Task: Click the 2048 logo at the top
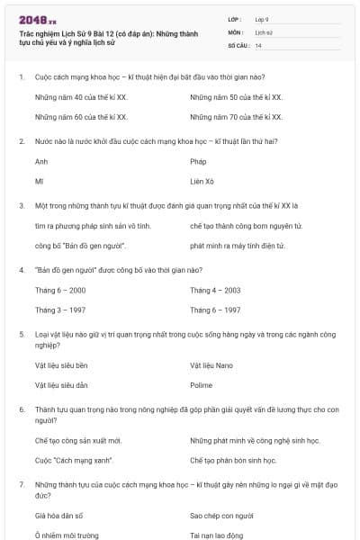tap(37, 18)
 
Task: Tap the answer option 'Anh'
tap(41, 162)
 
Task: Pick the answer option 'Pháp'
tap(199, 162)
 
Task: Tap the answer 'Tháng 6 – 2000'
tap(61, 290)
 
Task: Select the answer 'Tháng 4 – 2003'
tap(215, 290)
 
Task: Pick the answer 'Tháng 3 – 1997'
tap(61, 310)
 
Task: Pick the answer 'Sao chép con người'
tap(222, 516)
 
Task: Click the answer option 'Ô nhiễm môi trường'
tap(67, 535)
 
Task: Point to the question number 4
tap(21, 269)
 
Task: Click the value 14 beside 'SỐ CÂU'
tap(259, 45)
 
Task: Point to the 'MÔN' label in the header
tap(237, 31)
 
